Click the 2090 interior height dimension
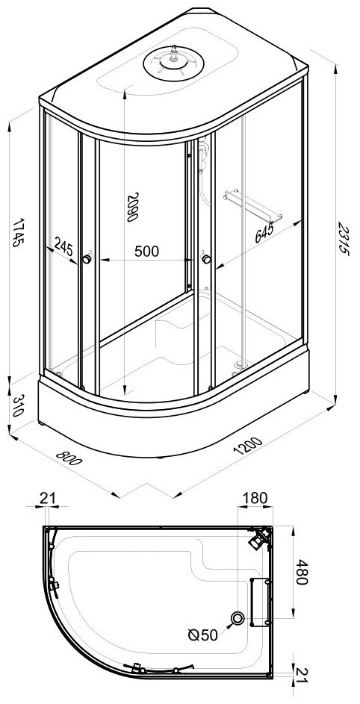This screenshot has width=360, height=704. point(131,207)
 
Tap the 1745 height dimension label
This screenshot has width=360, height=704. point(19,232)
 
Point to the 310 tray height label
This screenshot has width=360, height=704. point(19,405)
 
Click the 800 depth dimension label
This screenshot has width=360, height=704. point(69,458)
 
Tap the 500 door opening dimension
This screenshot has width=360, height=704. point(146,252)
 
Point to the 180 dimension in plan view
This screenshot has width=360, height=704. point(255,498)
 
